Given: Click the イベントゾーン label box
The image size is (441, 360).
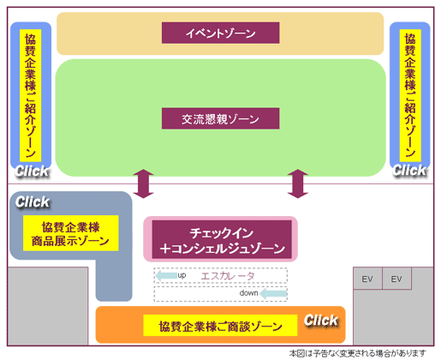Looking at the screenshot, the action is pos(220,33).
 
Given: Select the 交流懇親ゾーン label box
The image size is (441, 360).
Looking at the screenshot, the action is pos(220,118).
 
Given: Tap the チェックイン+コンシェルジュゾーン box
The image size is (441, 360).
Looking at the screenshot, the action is pos(222,239).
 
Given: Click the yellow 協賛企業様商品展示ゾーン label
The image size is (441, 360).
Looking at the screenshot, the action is pos(70,233).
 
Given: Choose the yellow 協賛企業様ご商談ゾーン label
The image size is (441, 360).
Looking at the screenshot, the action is pos(220,325).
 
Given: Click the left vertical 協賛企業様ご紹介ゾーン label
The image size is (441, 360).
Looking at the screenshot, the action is pos(30,95).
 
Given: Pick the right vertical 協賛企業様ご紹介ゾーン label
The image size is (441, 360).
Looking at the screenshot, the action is pos(410,95).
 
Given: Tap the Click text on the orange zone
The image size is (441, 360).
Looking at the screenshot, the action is pos(321,320).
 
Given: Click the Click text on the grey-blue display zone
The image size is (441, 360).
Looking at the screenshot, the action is pos(33,202).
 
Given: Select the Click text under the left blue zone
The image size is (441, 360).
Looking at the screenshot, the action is pos(32,171).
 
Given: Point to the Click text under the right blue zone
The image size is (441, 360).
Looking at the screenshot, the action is pos(409,171).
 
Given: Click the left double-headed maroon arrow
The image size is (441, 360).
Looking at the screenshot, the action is pos(143,183).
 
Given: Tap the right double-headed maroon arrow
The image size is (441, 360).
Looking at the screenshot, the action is pos(298,183).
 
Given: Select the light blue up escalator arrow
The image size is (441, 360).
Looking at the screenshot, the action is pos(166,276).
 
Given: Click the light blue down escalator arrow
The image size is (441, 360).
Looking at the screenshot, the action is pos(273,293).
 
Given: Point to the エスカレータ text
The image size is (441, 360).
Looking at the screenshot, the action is pos(228,276).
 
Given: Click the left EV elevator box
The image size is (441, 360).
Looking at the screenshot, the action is pos(367,279).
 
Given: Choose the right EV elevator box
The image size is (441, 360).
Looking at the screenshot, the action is pos(396,279).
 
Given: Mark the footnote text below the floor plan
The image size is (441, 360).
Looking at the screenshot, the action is pos(357,353).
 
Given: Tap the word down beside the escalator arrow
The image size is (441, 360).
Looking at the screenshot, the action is pos(248,293).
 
